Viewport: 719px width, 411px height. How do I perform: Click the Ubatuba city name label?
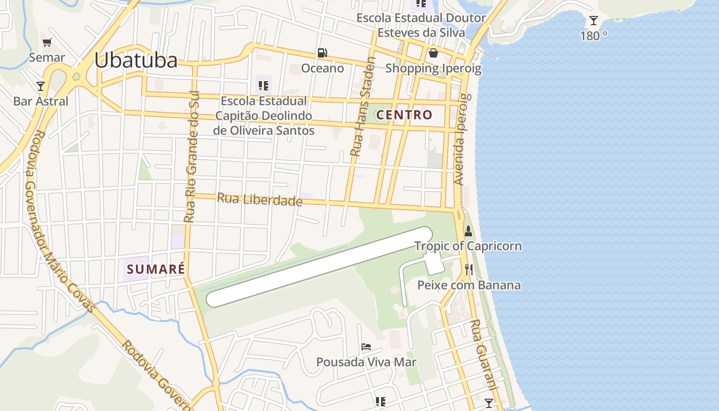click(136, 61)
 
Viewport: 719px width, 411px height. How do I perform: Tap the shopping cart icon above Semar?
click(47, 43)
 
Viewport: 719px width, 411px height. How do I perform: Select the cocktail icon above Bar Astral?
click(41, 86)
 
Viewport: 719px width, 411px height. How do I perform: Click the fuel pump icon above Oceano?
click(323, 52)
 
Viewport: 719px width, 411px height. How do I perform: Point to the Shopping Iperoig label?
click(433, 68)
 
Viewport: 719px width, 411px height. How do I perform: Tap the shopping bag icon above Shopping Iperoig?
click(433, 53)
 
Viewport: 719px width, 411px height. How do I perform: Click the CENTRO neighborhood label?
click(404, 115)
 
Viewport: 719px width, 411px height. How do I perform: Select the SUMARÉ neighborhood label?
click(155, 269)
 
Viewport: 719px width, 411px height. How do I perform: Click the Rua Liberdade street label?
click(259, 199)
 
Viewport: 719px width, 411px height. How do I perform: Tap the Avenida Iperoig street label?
click(461, 139)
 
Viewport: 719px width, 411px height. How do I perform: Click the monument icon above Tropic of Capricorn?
click(468, 231)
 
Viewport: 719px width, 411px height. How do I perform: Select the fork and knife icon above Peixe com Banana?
click(468, 270)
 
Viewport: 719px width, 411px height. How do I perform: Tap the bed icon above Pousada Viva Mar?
click(366, 347)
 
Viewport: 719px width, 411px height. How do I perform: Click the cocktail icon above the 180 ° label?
click(594, 21)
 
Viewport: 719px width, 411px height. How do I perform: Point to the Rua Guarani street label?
click(484, 354)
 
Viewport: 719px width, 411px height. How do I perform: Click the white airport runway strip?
click(318, 267)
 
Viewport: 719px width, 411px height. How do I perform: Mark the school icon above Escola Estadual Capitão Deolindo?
click(263, 85)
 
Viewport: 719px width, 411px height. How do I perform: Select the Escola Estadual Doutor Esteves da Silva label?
click(421, 25)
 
